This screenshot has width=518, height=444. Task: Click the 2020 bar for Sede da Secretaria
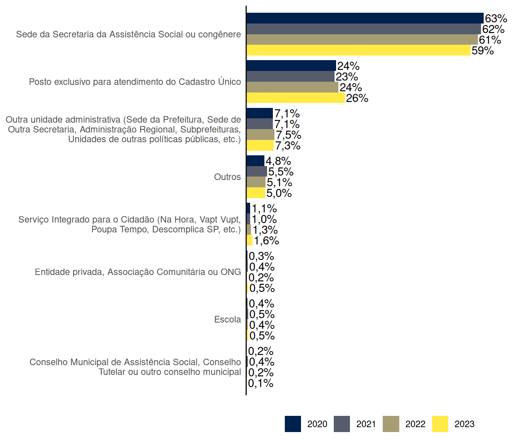365,18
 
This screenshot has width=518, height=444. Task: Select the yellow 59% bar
358,50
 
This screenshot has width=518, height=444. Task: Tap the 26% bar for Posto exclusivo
296,98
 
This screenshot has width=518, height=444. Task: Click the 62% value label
493,29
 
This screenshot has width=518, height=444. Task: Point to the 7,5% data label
288,135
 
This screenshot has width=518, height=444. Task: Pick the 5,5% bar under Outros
257,172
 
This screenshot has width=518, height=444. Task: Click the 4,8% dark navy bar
256,161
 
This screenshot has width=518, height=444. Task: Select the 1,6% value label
266,240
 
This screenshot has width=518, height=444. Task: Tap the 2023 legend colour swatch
440,424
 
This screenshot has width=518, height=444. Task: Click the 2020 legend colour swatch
293,424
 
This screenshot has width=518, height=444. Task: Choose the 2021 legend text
366,424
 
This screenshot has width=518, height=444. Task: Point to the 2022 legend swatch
391,424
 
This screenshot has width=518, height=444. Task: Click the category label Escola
227,320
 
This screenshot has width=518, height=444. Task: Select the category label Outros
227,177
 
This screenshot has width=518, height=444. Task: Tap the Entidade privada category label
138,272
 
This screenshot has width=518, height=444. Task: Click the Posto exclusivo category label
135,82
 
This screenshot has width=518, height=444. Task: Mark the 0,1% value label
261,383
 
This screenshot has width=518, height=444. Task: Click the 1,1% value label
264,209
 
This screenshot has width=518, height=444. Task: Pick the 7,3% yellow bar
260,146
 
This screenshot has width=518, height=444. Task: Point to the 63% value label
496,18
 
